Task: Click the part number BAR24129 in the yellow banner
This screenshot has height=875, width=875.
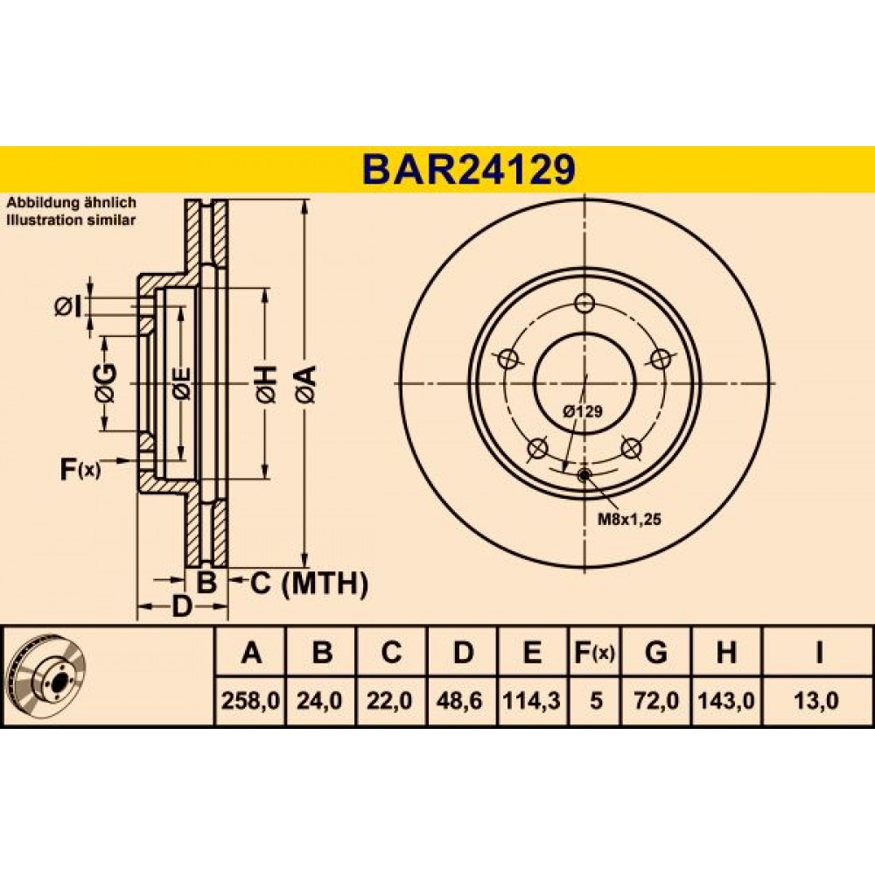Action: pos(469,170)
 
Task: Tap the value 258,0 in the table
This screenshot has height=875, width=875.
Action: pos(250,700)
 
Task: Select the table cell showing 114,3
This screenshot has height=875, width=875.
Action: pos(532,700)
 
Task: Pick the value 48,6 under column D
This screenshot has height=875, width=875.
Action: pos(461,700)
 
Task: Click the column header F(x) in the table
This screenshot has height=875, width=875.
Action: pos(594,652)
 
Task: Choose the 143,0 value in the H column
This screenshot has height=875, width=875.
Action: pos(726,700)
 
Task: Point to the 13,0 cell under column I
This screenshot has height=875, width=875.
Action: pos(818,700)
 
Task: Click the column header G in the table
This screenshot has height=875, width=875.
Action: pos(655,652)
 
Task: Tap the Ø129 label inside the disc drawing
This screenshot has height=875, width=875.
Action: pos(583,411)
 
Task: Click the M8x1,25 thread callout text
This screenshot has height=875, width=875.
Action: pos(629,520)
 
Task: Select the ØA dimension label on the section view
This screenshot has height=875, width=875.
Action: pos(306,384)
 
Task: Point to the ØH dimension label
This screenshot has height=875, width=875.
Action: pos(266,384)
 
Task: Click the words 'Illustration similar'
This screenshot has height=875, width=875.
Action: pos(71,220)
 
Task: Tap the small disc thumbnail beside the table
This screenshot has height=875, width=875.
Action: pos(47,675)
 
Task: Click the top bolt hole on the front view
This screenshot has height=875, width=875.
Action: pos(584,304)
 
